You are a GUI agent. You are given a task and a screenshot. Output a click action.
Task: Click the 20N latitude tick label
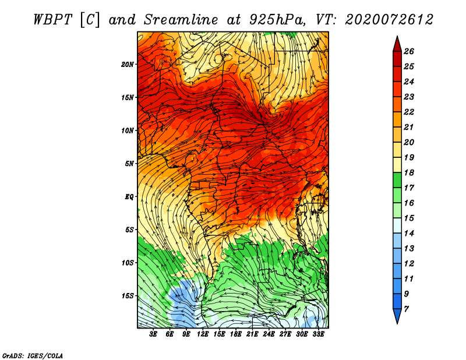pos(127,65)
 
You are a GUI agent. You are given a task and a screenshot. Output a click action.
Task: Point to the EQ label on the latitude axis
pos(129,197)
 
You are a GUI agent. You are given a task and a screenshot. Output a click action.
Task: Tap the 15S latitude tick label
pos(128,296)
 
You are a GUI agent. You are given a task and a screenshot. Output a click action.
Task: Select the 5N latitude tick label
pos(129,164)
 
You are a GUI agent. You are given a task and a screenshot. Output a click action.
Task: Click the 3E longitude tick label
pos(153,334)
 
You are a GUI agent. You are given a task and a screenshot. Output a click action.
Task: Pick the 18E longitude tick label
pos(236,334)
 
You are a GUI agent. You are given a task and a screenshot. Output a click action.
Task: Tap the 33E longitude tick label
pos(318,334)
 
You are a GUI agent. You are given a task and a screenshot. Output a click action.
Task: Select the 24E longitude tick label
pos(269,334)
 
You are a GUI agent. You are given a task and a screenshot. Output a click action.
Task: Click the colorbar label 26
pos(409,51)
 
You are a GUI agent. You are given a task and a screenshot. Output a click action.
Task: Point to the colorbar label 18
pos(409,172)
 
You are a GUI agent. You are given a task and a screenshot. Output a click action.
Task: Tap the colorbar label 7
pos(406,309)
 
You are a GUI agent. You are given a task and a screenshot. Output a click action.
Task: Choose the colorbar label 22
pos(409,112)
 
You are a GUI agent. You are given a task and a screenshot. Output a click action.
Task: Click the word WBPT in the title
pos(52,20)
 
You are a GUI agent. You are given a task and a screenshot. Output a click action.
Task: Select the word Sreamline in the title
pos(181,20)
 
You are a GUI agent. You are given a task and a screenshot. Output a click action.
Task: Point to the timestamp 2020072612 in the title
pos(389,20)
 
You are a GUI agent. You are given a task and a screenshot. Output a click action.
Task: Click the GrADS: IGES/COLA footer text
pos(33,355)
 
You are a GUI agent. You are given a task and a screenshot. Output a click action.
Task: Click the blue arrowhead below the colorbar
pos(397,315)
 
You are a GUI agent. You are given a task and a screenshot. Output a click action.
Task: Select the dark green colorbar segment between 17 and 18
pos(397,180)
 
